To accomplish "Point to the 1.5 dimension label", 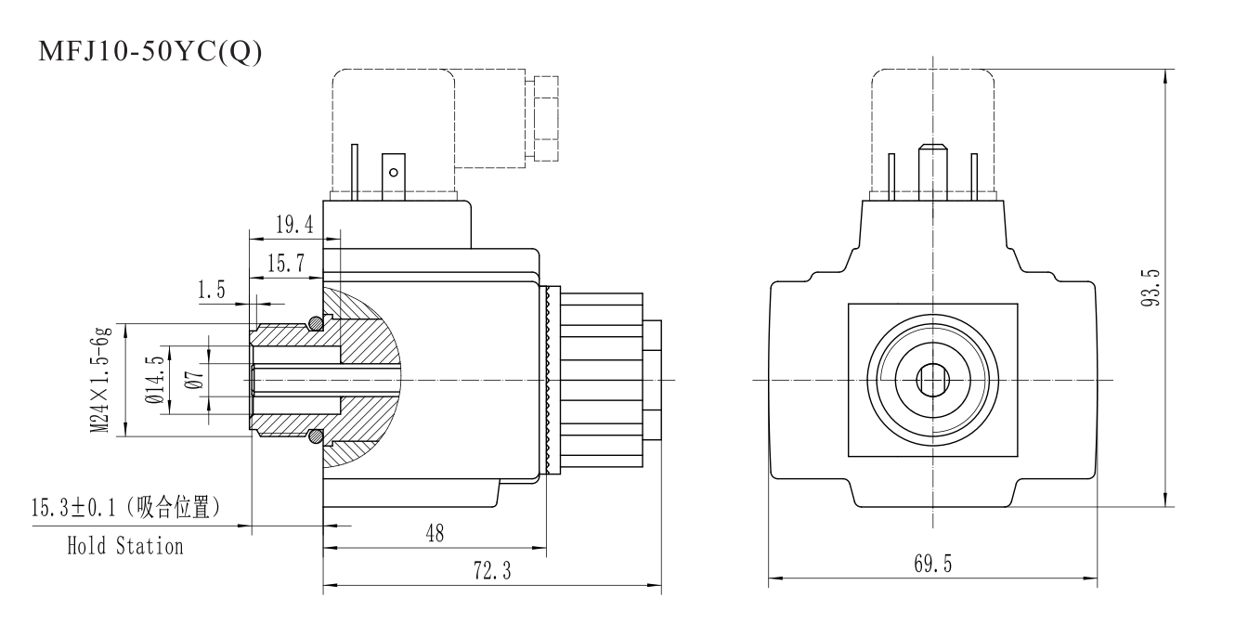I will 212,291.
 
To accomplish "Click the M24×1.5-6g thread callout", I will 101,379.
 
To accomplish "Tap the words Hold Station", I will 124,546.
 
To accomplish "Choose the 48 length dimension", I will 434,534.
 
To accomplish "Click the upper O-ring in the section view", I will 317,323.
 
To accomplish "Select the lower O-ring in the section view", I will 317,435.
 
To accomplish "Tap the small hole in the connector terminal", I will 394,172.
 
